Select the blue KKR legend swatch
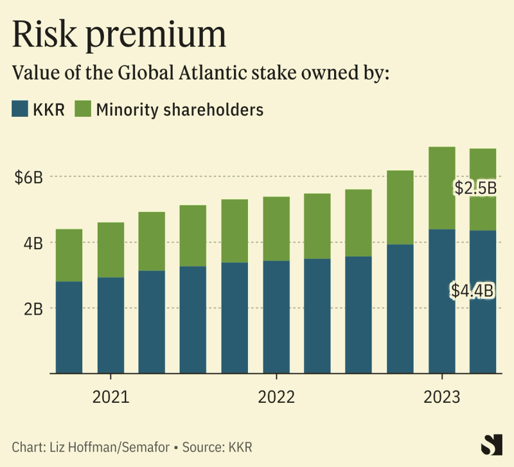click(21, 109)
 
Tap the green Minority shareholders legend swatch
click(84, 109)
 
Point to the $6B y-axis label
click(28, 177)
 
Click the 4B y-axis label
click(32, 243)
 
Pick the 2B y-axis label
click(32, 308)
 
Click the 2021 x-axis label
click(111, 397)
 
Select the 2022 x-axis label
click(276, 397)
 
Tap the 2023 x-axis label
click(442, 397)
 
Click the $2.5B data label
click(475, 188)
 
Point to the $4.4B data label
click(472, 291)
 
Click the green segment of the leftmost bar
click(69, 255)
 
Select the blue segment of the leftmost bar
click(69, 327)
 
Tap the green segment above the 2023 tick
click(442, 188)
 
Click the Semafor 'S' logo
click(492, 445)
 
